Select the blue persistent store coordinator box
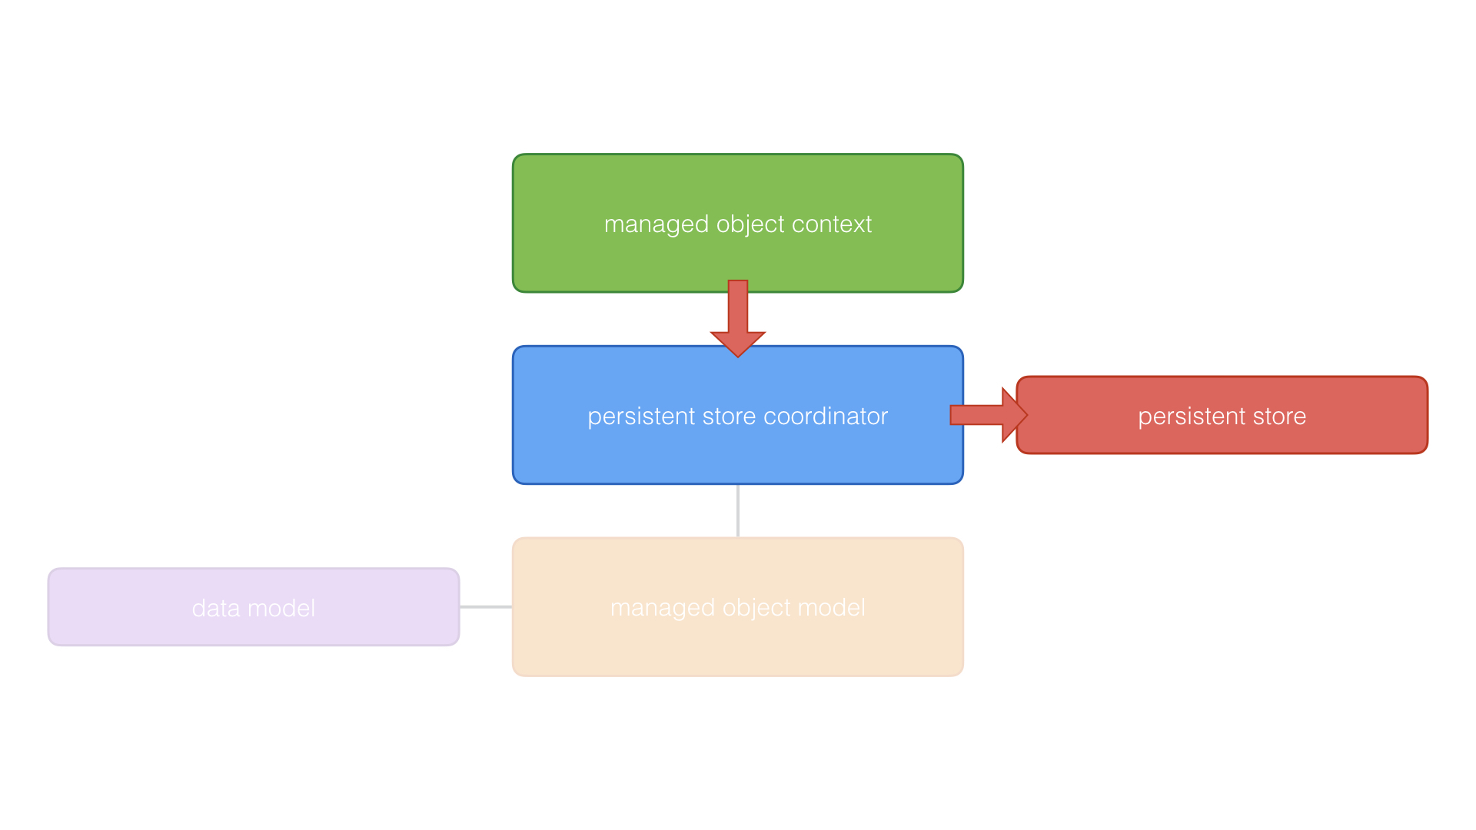coord(738,453)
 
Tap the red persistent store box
coord(1222,438)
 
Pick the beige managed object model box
coord(738,646)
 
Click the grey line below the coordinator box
coord(738,511)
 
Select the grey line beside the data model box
coord(486,607)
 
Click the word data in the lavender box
coord(216,609)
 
